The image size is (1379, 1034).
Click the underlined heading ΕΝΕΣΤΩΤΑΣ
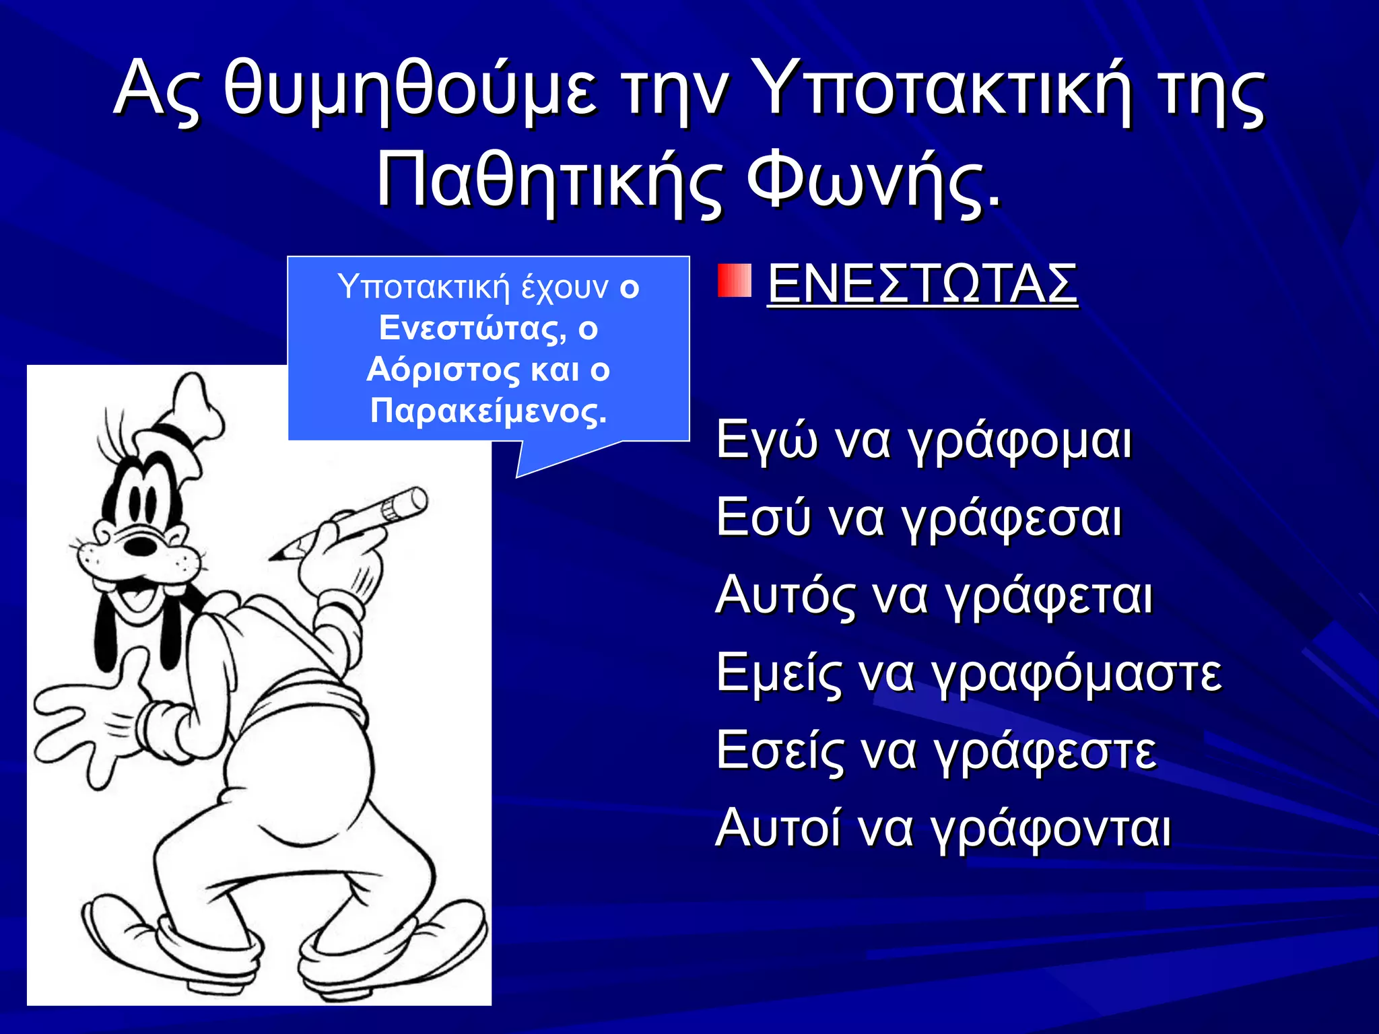tap(922, 284)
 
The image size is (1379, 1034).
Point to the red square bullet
tap(734, 281)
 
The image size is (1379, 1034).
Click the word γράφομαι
tap(1019, 442)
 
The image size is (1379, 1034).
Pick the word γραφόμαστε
tap(1077, 674)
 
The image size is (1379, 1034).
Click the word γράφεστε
tap(1046, 751)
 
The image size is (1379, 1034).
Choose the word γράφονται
tap(1053, 829)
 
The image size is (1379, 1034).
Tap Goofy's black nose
tap(141, 544)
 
